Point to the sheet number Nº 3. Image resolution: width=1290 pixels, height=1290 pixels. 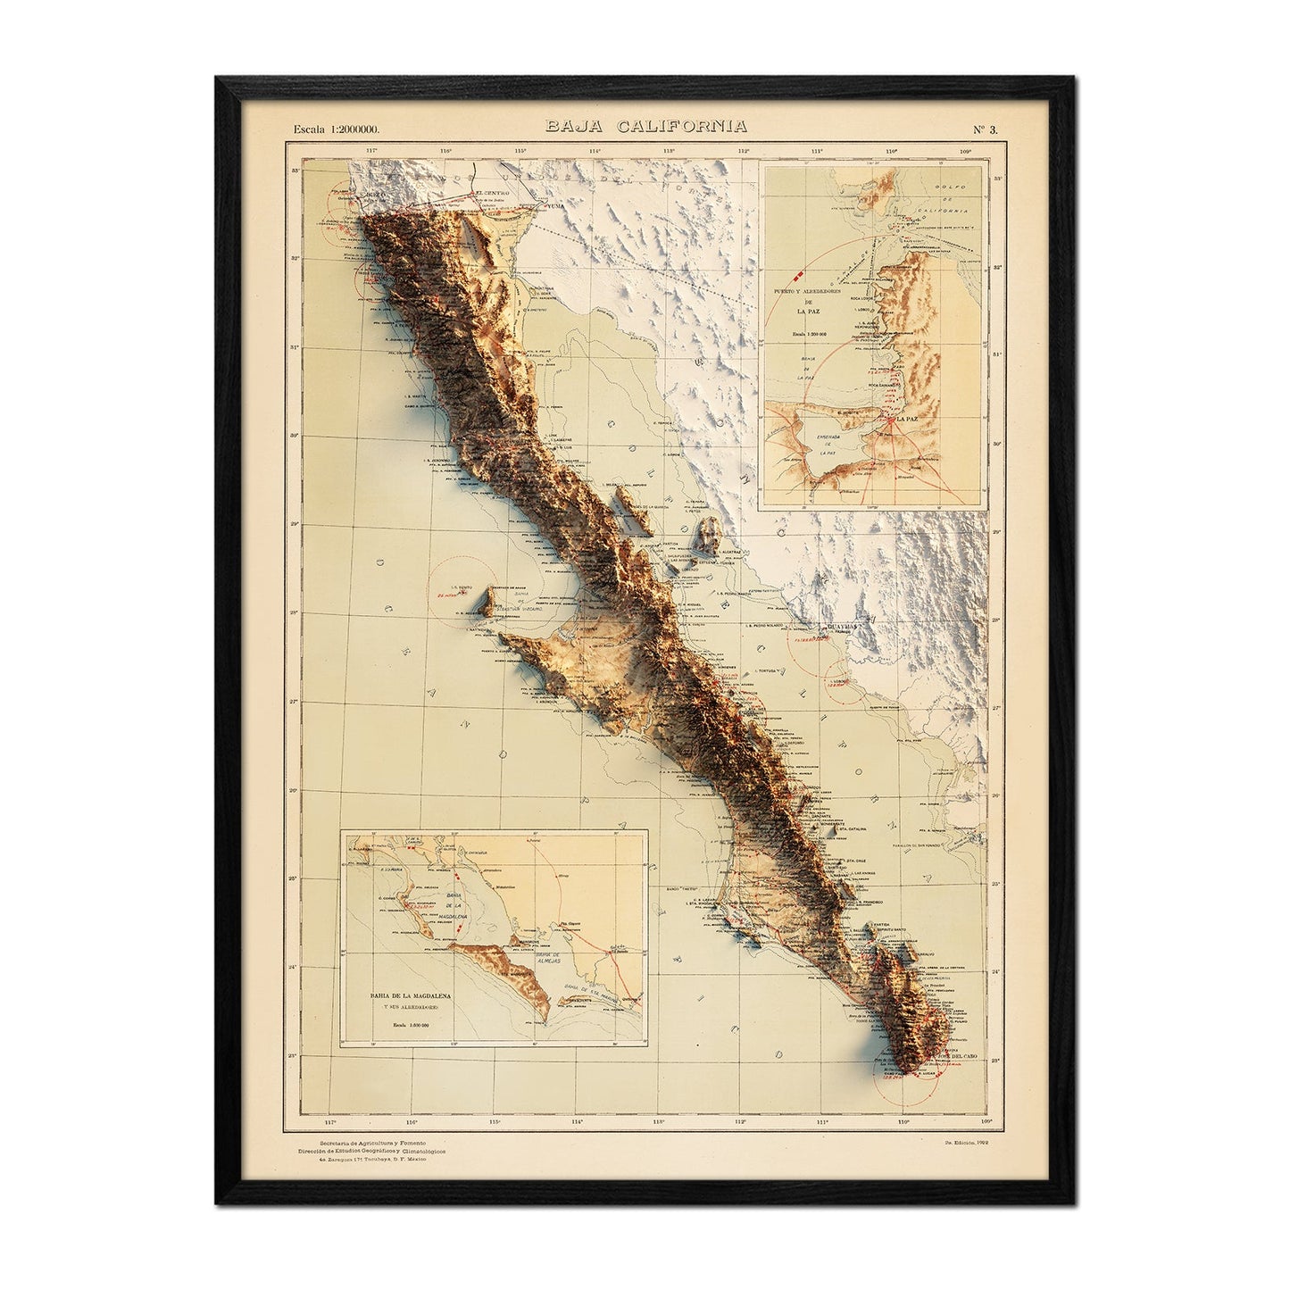click(x=986, y=129)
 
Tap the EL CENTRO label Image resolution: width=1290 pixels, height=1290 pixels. click(x=491, y=194)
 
